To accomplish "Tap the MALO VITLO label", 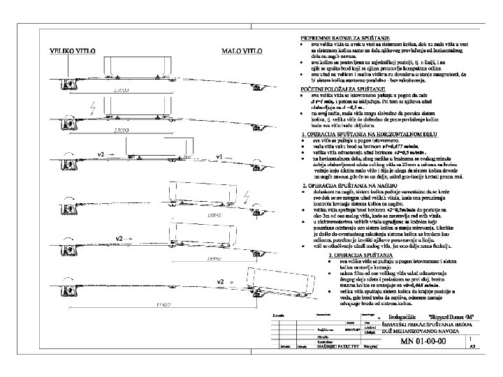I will (x=241, y=52).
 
